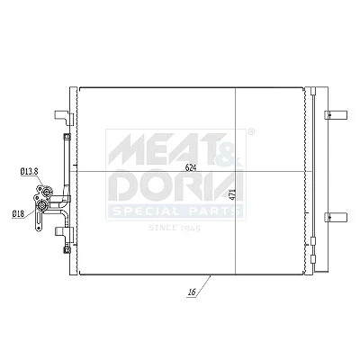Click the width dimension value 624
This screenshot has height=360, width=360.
click(x=191, y=168)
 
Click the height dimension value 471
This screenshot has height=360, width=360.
click(x=232, y=194)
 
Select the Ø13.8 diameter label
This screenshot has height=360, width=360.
click(x=29, y=172)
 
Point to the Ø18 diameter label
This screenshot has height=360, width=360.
click(x=18, y=213)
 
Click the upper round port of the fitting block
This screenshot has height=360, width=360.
click(x=47, y=192)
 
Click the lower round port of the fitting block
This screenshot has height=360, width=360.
click(x=41, y=206)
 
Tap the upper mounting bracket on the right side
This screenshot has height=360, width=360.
click(x=336, y=114)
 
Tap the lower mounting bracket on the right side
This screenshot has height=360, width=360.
click(x=336, y=217)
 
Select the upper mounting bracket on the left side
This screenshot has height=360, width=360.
click(x=64, y=117)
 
